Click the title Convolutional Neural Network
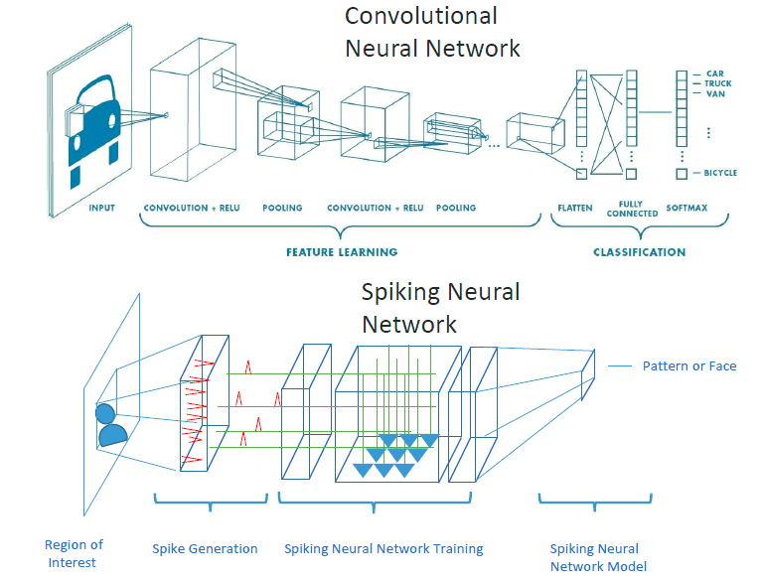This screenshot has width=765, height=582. click(432, 31)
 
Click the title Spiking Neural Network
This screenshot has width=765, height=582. click(440, 308)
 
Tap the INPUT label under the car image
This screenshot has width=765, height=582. click(100, 209)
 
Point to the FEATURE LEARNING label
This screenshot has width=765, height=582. click(342, 252)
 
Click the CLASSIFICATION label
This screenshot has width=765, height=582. click(639, 252)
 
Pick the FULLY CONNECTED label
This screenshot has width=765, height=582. click(632, 210)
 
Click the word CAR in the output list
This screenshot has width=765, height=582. click(716, 73)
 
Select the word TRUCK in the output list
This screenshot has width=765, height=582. click(719, 84)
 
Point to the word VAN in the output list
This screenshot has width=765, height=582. click(715, 95)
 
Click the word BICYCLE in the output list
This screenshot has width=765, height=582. click(720, 174)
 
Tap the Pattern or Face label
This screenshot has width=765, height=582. click(688, 366)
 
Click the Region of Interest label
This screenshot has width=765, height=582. click(74, 553)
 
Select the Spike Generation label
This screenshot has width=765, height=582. click(205, 549)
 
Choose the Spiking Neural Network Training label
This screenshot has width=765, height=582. click(383, 549)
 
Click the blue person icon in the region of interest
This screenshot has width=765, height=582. click(110, 424)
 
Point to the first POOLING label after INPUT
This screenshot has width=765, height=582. click(282, 209)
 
